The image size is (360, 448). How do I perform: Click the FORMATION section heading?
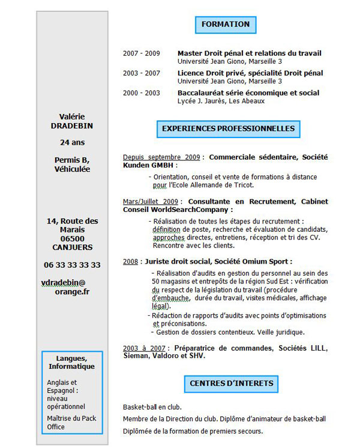point(226,25)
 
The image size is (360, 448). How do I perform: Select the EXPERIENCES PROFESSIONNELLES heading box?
point(228,129)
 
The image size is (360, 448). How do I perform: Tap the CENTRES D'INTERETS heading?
point(231,383)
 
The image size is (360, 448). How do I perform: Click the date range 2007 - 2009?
point(142,53)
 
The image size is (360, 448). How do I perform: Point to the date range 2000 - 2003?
point(142,93)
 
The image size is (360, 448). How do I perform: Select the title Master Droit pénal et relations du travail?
point(249,53)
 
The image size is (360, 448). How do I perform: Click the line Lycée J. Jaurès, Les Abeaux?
point(221,101)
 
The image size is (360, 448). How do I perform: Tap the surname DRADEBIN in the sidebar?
point(72,126)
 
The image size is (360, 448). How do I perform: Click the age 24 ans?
point(72,142)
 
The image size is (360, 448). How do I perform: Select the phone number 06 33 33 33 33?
point(72,265)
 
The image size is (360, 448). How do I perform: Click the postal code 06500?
point(72,238)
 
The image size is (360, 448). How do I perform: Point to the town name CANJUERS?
point(72,247)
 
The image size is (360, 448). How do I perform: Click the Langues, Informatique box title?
point(72,362)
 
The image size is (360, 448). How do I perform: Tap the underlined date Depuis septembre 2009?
point(161,157)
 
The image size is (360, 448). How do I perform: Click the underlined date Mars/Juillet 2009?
point(151,201)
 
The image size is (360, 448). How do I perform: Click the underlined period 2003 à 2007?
point(145,348)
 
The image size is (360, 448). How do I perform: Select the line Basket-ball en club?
point(152,407)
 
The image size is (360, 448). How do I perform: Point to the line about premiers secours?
point(193,431)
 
